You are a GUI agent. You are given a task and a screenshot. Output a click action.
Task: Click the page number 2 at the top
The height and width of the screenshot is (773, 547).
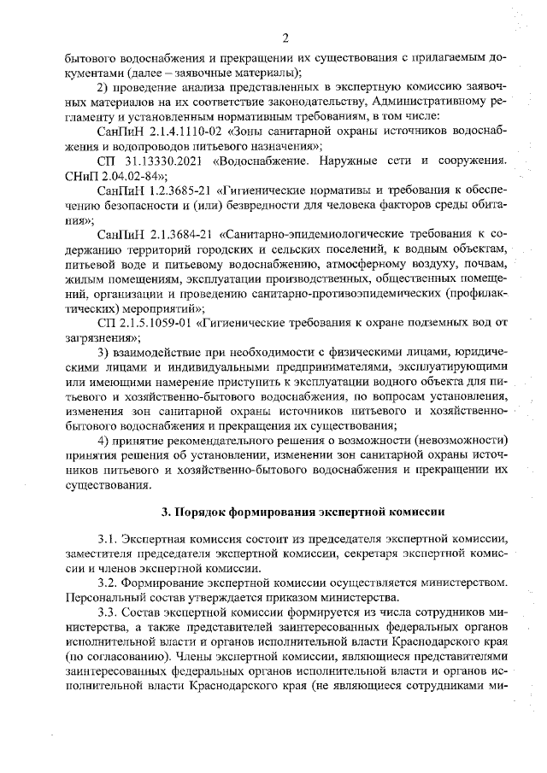pyautogui.click(x=285, y=38)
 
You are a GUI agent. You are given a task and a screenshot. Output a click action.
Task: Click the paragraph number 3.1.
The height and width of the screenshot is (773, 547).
pyautogui.click(x=109, y=541)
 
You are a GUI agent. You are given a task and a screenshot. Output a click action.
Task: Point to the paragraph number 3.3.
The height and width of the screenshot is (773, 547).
pyautogui.click(x=109, y=613)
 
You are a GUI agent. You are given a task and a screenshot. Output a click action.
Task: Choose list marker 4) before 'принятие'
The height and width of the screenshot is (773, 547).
pyautogui.click(x=103, y=440)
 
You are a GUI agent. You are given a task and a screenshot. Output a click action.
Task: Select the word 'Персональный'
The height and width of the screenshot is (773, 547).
pyautogui.click(x=105, y=598)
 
